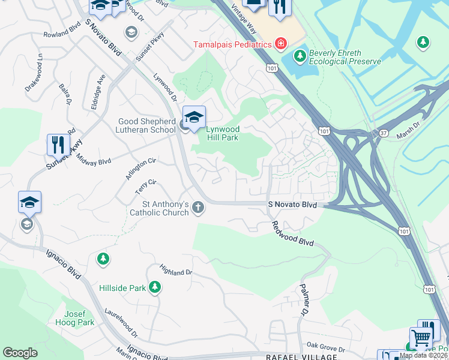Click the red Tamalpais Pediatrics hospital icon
tap(280, 44)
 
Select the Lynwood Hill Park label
tap(223, 133)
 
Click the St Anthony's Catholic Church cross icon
tap(198, 208)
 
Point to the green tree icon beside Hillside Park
tap(155, 287)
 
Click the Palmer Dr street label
tap(304, 301)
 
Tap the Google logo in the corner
tap(20, 353)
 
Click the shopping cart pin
tap(421, 338)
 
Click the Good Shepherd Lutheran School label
tap(147, 125)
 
